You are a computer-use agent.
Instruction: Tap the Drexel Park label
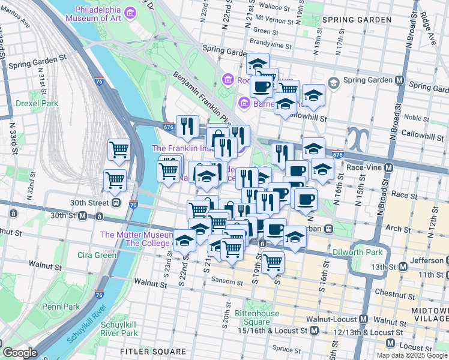click(37, 103)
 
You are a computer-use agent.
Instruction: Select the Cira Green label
click(97, 255)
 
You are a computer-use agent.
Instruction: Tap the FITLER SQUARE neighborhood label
click(153, 351)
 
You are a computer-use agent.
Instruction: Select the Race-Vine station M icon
click(389, 167)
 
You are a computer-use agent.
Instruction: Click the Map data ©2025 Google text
click(411, 355)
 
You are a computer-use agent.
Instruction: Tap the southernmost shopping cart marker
click(273, 261)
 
